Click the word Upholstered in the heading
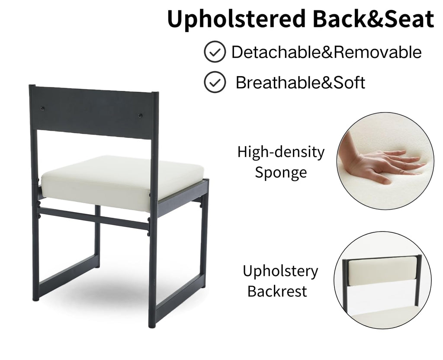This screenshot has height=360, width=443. click(237, 19)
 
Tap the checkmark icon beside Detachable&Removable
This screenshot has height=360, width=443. click(215, 52)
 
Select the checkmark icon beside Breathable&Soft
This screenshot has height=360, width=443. click(215, 82)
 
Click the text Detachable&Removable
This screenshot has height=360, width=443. click(327, 52)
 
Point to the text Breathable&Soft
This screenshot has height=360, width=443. click(300, 83)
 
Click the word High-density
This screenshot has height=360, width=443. click(281, 152)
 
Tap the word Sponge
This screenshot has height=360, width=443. click(281, 172)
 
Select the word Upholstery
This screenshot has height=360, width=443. click(280, 271)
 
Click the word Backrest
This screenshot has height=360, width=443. click(277, 291)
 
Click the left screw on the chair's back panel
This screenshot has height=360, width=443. click(42, 109)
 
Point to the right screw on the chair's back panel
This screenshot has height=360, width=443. click(140, 116)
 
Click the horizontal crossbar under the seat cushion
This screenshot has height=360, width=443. click(93, 217)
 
